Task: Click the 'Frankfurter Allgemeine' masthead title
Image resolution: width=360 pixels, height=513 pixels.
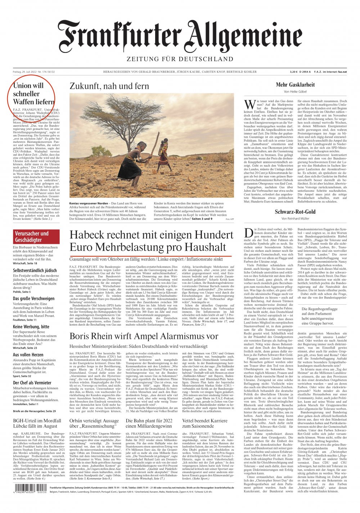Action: click(x=180, y=37)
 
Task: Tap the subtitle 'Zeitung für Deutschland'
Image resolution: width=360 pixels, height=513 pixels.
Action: click(x=180, y=59)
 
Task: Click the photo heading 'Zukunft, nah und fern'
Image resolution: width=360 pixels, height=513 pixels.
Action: click(x=109, y=86)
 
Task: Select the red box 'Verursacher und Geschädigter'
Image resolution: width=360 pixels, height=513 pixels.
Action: click(x=32, y=237)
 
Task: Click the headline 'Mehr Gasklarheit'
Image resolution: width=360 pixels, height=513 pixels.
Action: click(x=295, y=85)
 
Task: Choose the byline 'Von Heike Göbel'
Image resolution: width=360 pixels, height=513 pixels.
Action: click(x=295, y=92)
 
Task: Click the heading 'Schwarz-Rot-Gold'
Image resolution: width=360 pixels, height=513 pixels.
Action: click(x=295, y=212)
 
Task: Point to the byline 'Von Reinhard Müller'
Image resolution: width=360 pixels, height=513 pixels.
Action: click(x=295, y=219)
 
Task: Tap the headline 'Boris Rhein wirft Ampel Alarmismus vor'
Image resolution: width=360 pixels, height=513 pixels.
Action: click(x=144, y=336)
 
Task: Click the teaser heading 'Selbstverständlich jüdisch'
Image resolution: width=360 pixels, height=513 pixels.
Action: click(x=35, y=270)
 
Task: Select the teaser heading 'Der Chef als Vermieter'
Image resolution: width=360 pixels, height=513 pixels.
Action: click(x=32, y=383)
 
